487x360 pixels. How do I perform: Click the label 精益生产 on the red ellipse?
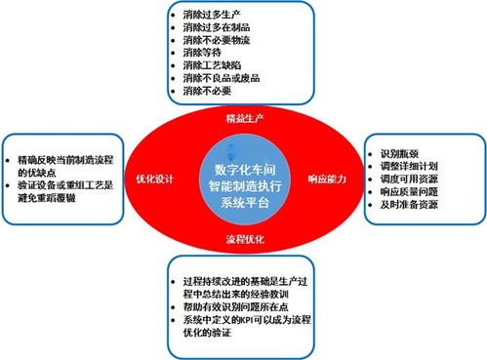[x=243, y=117]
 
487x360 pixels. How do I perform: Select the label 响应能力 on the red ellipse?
[x=329, y=179]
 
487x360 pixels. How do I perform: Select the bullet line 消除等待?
[x=202, y=54]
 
